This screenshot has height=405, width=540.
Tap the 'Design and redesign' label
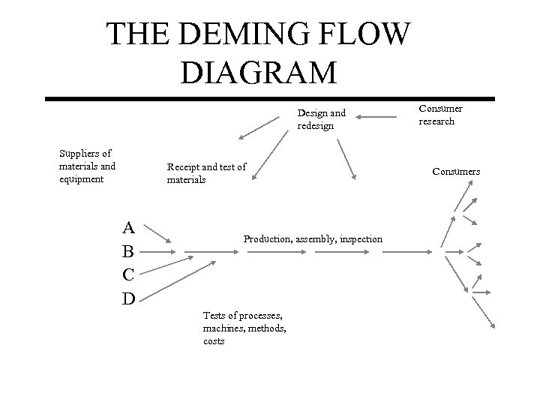point(322,119)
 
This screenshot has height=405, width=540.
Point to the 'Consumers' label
point(456,172)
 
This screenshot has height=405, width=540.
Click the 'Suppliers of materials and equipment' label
point(87,166)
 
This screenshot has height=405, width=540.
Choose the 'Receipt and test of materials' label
point(206,172)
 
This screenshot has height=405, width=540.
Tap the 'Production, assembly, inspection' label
point(313,238)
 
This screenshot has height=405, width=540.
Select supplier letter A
point(128,227)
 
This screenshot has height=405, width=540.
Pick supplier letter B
point(128,251)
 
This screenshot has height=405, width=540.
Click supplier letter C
point(128,274)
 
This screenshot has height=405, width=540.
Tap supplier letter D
point(128,298)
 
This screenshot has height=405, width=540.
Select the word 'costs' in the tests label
point(214,341)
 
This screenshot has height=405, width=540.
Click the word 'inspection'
point(361,238)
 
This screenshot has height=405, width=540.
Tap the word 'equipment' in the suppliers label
point(81,179)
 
